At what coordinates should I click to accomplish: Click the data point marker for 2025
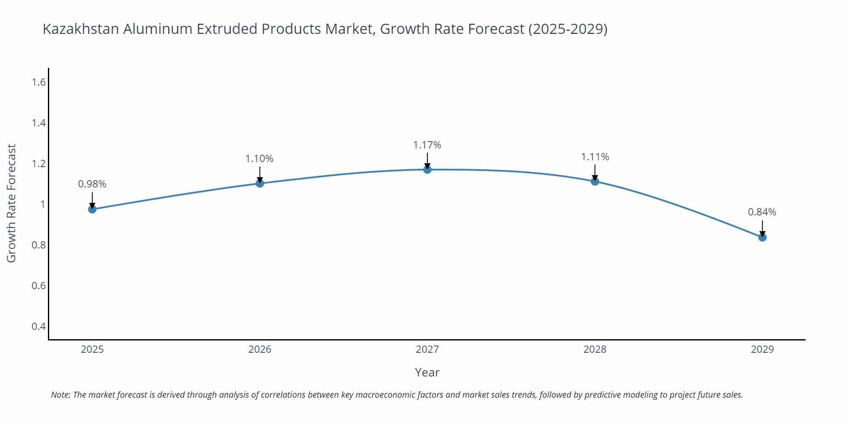92,209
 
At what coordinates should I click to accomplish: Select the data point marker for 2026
260,183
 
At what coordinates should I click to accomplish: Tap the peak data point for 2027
427,170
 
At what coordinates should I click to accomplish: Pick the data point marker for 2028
595,181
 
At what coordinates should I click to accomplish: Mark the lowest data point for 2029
762,237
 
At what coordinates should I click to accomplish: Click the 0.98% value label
92,184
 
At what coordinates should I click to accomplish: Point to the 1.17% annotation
427,145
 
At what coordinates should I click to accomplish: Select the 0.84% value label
762,212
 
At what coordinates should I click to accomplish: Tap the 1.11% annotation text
595,157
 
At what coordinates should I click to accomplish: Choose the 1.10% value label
259,159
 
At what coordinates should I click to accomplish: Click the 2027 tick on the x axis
427,349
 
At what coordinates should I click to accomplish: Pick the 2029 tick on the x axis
762,349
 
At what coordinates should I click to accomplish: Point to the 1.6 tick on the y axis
39,82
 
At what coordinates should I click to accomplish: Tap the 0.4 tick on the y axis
39,326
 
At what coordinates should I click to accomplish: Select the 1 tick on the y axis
42,204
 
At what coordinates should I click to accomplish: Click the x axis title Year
427,372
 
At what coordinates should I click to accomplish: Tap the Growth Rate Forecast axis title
11,204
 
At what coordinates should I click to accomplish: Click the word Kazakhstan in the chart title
81,29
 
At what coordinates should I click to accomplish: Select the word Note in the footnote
60,395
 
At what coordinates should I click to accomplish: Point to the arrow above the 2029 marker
762,228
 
